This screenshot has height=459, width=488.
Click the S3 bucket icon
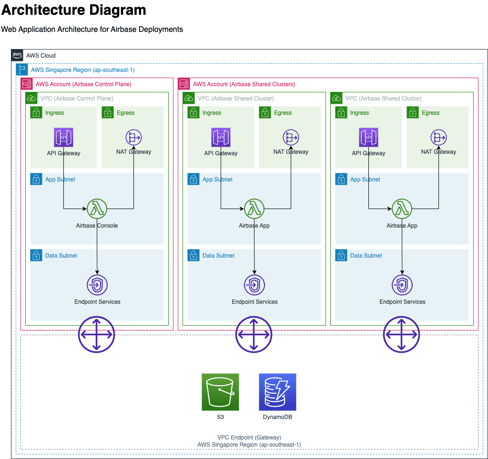220,392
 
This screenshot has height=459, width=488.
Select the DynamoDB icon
277,392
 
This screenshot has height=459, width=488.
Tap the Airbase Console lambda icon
97,209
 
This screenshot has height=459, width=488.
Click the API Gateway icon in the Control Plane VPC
63,137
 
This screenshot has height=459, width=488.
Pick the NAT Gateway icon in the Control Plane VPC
133,137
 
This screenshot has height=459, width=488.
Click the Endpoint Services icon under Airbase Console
97,285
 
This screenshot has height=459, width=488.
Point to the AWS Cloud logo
17,55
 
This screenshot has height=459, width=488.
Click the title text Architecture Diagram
74,10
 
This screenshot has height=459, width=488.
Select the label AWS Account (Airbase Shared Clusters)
244,84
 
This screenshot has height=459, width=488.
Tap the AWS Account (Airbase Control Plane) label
83,84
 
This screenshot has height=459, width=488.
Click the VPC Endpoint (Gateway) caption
249,437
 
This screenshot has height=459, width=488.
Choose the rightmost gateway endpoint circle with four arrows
402,334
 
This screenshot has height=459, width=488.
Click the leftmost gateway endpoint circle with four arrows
97,334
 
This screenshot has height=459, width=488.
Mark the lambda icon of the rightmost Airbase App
402,209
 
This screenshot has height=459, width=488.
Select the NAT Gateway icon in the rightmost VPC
438,137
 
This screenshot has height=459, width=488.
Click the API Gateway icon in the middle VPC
221,137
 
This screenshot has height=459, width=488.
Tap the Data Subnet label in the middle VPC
218,256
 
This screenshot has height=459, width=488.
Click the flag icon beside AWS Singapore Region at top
22,70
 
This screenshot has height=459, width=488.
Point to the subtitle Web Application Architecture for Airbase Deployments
92,29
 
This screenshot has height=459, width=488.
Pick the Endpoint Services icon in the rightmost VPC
402,285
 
